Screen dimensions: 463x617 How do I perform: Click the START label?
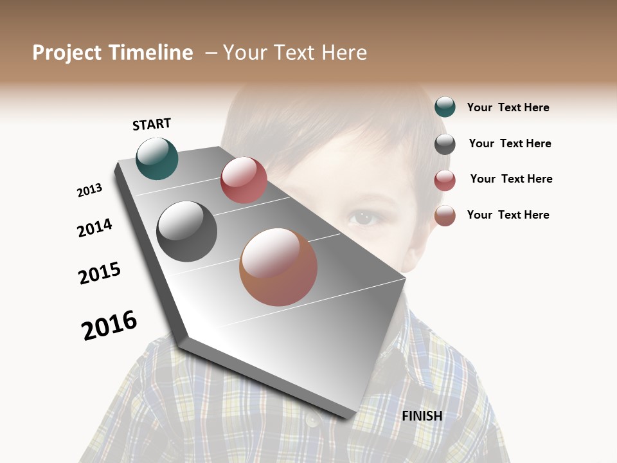pyautogui.click(x=152, y=124)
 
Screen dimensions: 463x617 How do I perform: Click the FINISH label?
pyautogui.click(x=422, y=416)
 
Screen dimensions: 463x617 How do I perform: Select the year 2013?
pyautogui.click(x=90, y=190)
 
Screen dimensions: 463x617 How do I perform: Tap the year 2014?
pyautogui.click(x=94, y=228)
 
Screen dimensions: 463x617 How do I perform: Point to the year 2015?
pyautogui.click(x=100, y=273)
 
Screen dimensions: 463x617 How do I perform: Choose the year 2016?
pyautogui.click(x=109, y=325)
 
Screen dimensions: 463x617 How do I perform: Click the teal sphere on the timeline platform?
pyautogui.click(x=157, y=158)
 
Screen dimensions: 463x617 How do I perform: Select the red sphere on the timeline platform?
pyautogui.click(x=244, y=180)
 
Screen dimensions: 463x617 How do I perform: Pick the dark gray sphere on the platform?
pyautogui.click(x=186, y=232)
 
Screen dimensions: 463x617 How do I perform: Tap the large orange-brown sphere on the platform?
pyautogui.click(x=278, y=267)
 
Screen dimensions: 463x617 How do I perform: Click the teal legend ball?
pyautogui.click(x=445, y=107)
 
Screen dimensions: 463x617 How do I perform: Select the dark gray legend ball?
pyautogui.click(x=445, y=144)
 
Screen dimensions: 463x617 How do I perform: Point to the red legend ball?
pyautogui.click(x=445, y=180)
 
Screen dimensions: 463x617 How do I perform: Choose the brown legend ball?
pyautogui.click(x=445, y=215)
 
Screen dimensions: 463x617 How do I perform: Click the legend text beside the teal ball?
pyautogui.click(x=508, y=107)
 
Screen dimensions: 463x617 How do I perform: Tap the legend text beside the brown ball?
pyautogui.click(x=508, y=215)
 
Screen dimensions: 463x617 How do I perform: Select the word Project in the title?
pyautogui.click(x=67, y=53)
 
